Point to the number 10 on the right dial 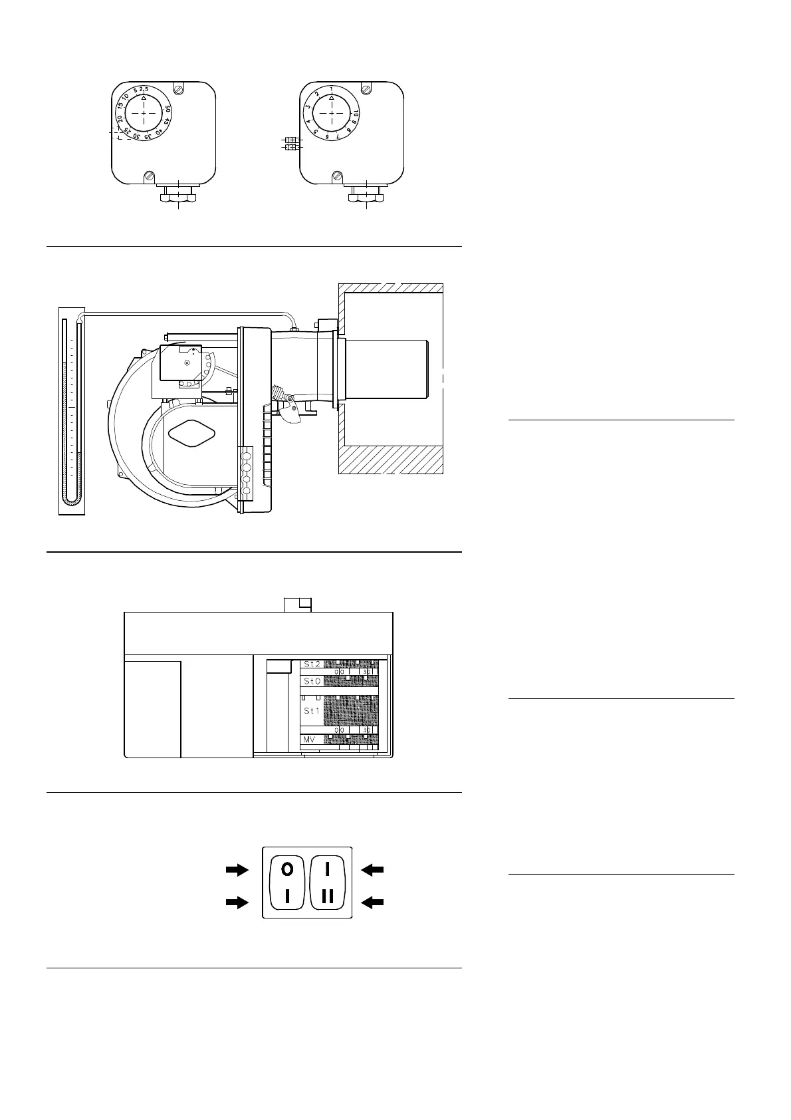[356, 112]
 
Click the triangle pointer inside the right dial [332, 98]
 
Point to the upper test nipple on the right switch [290, 140]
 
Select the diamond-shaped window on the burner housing [193, 434]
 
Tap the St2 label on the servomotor [312, 664]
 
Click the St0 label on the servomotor [312, 681]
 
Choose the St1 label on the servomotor [312, 711]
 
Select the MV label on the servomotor [308, 739]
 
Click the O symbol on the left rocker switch [286, 869]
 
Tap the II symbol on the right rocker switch [328, 897]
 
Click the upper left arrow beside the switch [236, 869]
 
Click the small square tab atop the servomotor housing [298, 605]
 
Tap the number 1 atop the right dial [331, 89]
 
